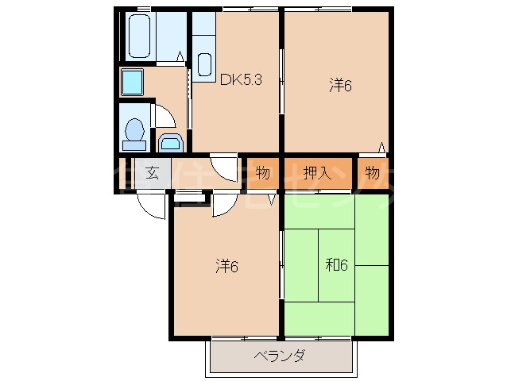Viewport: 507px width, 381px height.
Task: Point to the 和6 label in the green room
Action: (x=336, y=266)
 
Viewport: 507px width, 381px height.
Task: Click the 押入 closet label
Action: (x=317, y=172)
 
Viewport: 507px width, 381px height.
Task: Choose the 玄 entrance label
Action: (x=152, y=172)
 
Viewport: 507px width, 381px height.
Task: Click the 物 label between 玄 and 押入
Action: (x=262, y=172)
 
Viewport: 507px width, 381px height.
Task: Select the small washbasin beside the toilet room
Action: (x=170, y=143)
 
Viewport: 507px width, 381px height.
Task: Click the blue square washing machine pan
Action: (x=131, y=80)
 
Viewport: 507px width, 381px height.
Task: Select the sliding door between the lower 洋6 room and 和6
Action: (x=281, y=266)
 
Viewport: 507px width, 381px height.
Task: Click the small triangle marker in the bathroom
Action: (x=181, y=56)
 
